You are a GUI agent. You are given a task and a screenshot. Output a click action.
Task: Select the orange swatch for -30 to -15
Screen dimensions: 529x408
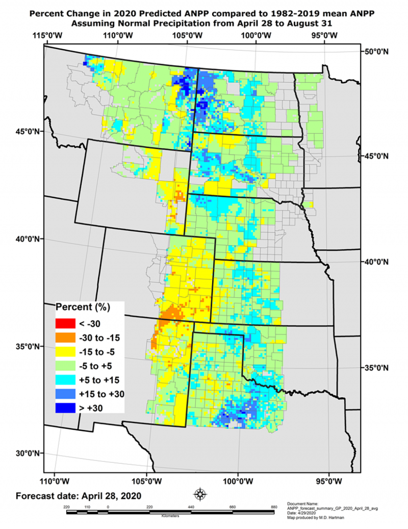65,337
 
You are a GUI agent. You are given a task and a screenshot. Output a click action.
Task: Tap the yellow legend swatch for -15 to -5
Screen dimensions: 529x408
65,351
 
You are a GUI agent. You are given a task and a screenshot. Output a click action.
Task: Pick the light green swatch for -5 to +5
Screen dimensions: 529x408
65,366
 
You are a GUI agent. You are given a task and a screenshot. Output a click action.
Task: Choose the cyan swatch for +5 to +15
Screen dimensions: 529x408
65,380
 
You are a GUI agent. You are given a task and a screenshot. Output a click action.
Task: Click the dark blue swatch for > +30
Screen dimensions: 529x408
65,408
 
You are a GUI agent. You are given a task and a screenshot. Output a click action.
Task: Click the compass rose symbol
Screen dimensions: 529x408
200,494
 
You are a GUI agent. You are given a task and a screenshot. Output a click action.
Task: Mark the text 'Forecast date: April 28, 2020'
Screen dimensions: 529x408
78,496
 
